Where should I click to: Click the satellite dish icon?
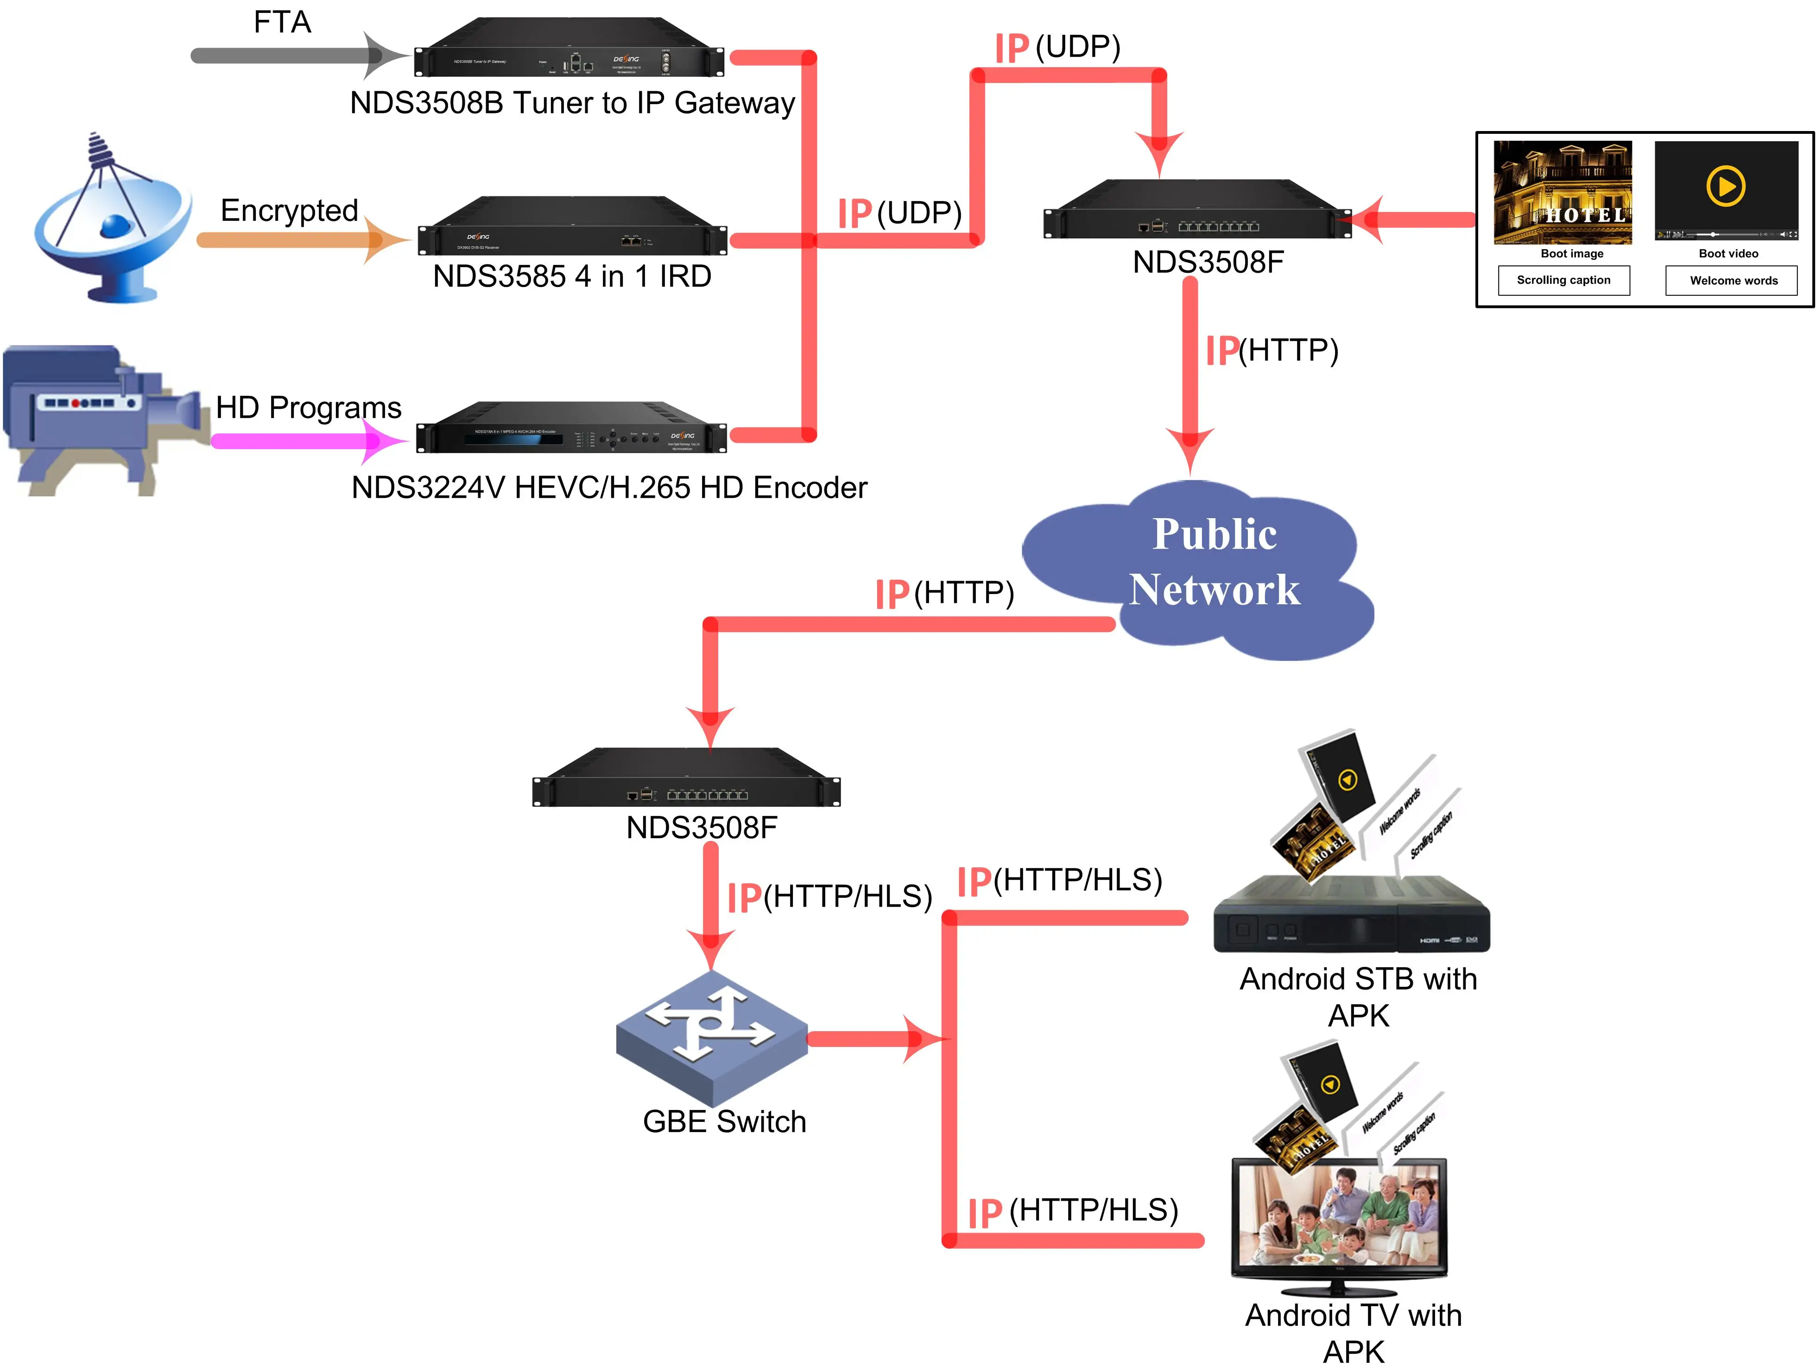click(111, 221)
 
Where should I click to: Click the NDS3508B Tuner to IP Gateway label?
click(572, 103)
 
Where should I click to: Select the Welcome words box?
click(1732, 281)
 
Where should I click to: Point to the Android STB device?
click(1350, 915)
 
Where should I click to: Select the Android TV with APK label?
click(1353, 1332)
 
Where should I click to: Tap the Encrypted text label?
click(289, 211)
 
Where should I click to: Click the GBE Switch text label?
click(724, 1122)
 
